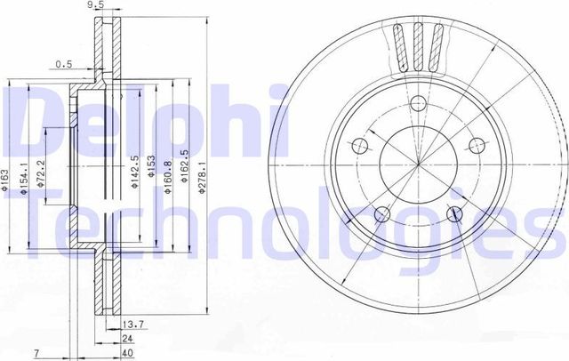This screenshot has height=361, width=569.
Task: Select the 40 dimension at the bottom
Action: click(x=130, y=353)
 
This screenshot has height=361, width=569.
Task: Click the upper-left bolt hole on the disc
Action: click(x=360, y=146)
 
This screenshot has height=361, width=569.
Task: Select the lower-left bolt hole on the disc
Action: click(x=381, y=213)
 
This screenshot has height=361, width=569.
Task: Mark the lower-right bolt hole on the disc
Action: click(x=456, y=213)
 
